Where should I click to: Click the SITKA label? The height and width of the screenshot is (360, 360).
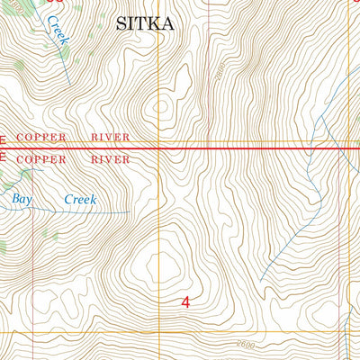click(x=143, y=24)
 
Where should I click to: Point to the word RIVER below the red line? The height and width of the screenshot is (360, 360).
click(x=109, y=159)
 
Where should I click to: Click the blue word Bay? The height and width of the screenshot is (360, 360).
click(x=22, y=198)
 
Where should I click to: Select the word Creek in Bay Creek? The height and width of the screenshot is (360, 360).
click(x=80, y=200)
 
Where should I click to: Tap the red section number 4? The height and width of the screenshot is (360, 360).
click(x=185, y=303)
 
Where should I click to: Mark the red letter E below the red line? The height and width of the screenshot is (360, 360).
click(x=3, y=157)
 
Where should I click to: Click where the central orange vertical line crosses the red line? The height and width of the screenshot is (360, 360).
click(x=162, y=148)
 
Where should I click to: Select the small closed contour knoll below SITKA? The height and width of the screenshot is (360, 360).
click(x=162, y=107)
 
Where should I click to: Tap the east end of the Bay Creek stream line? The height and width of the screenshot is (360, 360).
click(x=129, y=212)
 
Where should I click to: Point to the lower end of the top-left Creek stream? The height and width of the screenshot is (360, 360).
click(x=70, y=84)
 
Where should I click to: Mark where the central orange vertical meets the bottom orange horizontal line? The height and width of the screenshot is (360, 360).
click(x=162, y=332)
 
